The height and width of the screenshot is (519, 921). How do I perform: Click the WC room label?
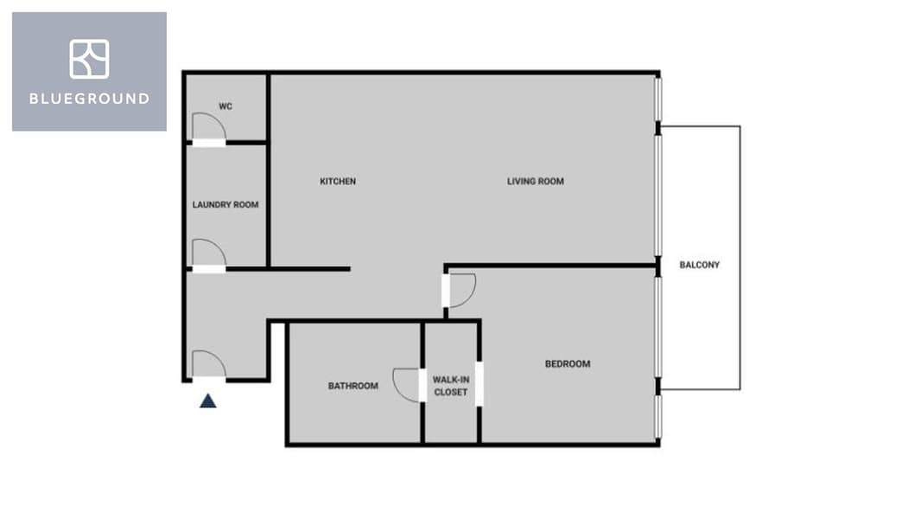pyautogui.click(x=225, y=106)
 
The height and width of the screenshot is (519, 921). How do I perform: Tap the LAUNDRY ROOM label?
pyautogui.click(x=225, y=205)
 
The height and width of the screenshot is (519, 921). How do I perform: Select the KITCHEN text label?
pyautogui.click(x=338, y=182)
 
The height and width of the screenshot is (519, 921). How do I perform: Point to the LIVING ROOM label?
pyautogui.click(x=536, y=182)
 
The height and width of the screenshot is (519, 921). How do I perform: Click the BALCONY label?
pyautogui.click(x=700, y=265)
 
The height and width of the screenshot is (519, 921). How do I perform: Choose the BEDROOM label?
pyautogui.click(x=568, y=364)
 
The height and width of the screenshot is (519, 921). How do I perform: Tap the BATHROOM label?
pyautogui.click(x=353, y=386)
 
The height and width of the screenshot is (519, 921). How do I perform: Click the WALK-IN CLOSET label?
pyautogui.click(x=450, y=386)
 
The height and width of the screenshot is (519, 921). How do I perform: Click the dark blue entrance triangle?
pyautogui.click(x=208, y=400)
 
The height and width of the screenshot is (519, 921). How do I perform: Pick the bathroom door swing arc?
pyautogui.click(x=405, y=384)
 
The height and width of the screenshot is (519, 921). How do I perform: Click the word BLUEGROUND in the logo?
pyautogui.click(x=89, y=99)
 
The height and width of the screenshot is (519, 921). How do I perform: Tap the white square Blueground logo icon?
pyautogui.click(x=89, y=59)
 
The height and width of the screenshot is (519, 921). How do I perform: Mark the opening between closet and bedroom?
pyautogui.click(x=480, y=384)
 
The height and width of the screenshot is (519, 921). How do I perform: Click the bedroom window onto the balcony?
pyautogui.click(x=659, y=326)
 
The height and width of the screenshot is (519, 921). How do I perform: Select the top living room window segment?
pyautogui.click(x=659, y=99)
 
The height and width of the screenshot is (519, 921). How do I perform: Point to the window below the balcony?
pyautogui.click(x=659, y=417)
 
